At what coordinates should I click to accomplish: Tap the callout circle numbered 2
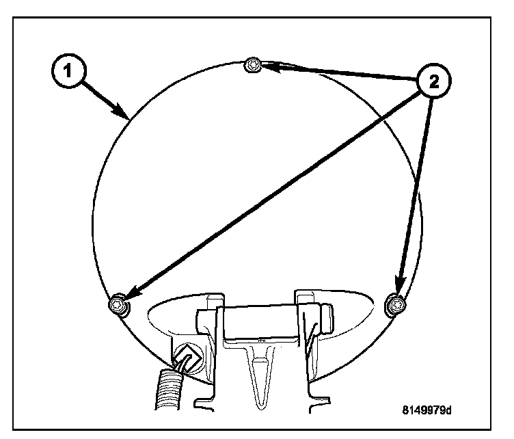tap(433, 81)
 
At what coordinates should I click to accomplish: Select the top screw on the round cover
tap(252, 65)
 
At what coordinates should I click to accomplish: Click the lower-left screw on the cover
tap(120, 305)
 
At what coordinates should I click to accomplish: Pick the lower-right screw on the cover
tap(394, 304)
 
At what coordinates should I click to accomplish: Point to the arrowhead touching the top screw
tap(268, 67)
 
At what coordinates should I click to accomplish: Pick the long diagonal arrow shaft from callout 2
tap(273, 191)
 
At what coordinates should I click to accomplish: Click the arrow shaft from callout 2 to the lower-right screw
tap(415, 191)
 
